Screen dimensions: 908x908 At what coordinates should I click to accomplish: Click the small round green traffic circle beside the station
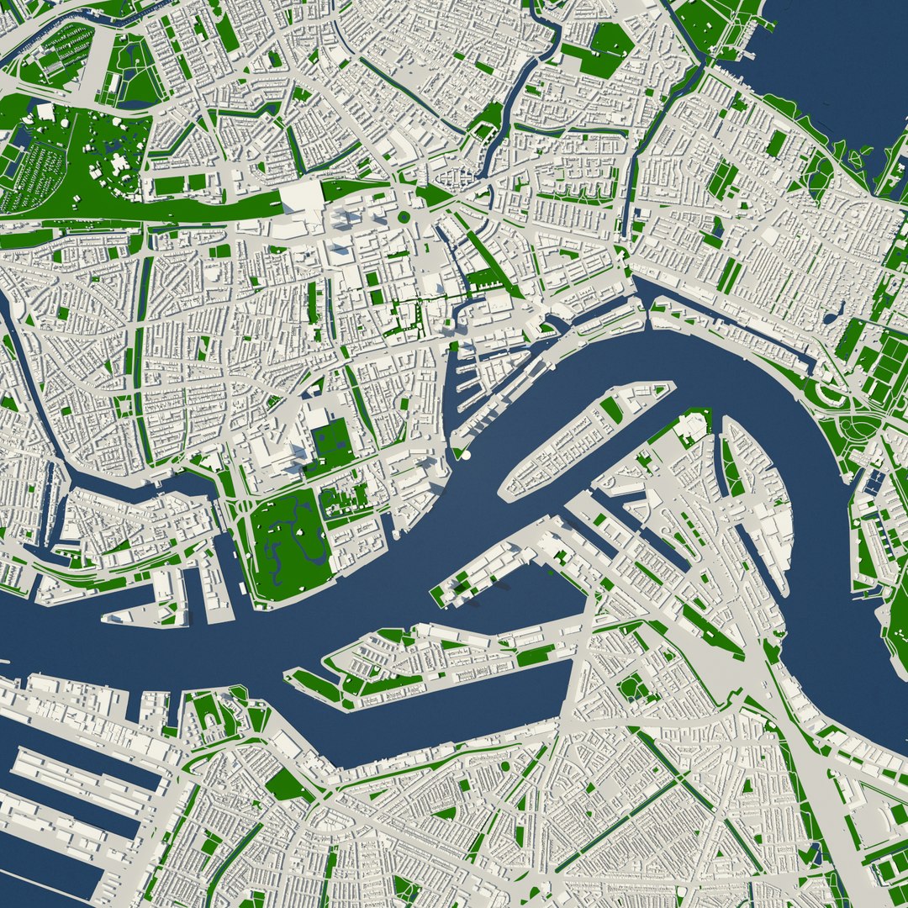point(404,217)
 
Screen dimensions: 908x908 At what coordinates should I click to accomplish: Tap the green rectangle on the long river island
point(612,410)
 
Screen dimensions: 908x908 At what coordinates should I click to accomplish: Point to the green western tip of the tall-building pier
point(438,596)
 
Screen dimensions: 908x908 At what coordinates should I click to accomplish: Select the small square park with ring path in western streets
point(124,407)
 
